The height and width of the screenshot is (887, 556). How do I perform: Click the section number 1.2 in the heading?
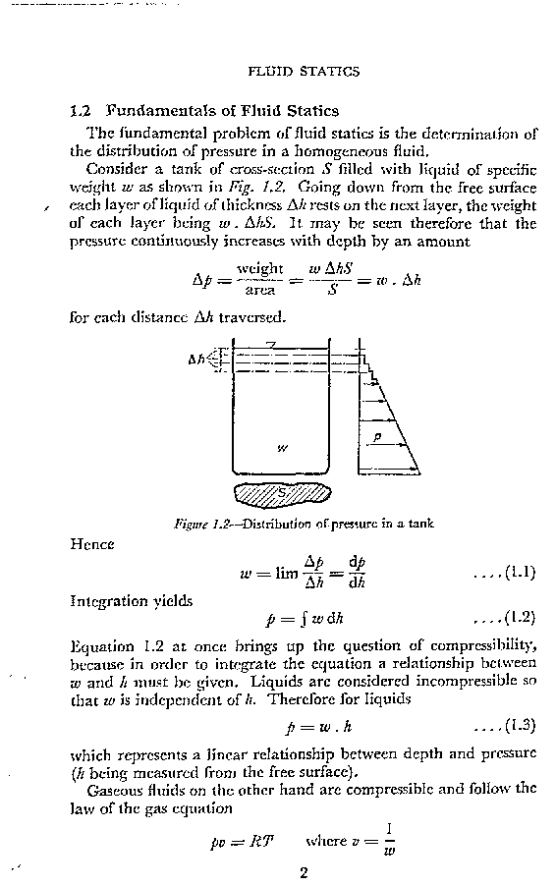pos(82,110)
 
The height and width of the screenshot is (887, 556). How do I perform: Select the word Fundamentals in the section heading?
pos(154,110)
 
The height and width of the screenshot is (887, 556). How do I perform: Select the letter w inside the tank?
pos(282,448)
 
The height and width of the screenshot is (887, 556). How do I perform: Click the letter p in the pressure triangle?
pos(376,435)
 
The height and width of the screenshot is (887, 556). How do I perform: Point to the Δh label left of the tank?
pos(196,360)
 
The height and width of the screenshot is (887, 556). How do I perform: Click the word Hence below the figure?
pos(92,542)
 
